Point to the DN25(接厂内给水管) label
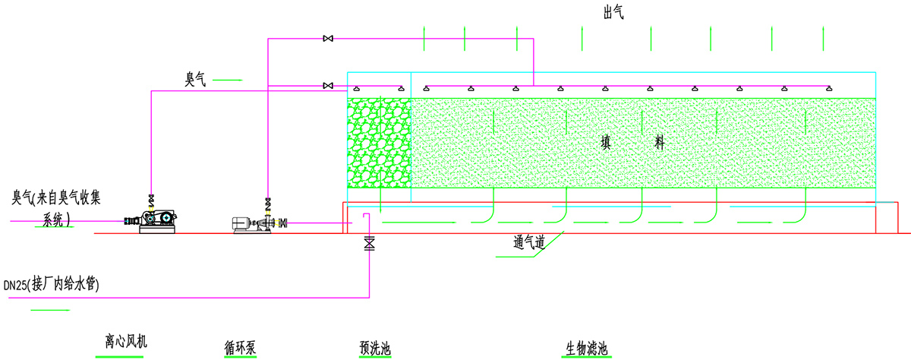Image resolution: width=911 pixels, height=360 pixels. pyautogui.click(x=52, y=286)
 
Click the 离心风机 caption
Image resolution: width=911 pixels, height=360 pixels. pyautogui.click(x=125, y=342)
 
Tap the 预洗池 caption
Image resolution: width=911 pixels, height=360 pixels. pyautogui.click(x=375, y=349)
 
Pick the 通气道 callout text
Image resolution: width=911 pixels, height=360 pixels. pyautogui.click(x=530, y=243)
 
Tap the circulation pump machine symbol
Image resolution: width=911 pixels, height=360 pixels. pyautogui.click(x=254, y=224)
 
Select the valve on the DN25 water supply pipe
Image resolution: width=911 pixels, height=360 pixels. pyautogui.click(x=370, y=244)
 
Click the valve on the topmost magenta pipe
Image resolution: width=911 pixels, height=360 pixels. pyautogui.click(x=328, y=38)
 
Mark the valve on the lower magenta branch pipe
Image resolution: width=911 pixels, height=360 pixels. pyautogui.click(x=328, y=85)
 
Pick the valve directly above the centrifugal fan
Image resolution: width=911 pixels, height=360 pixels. pyautogui.click(x=151, y=200)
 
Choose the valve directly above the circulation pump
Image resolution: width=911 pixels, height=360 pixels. pyautogui.click(x=268, y=204)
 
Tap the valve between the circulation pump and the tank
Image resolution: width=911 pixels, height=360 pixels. pyautogui.click(x=283, y=223)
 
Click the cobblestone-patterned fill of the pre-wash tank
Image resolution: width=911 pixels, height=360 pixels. pyautogui.click(x=378, y=143)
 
